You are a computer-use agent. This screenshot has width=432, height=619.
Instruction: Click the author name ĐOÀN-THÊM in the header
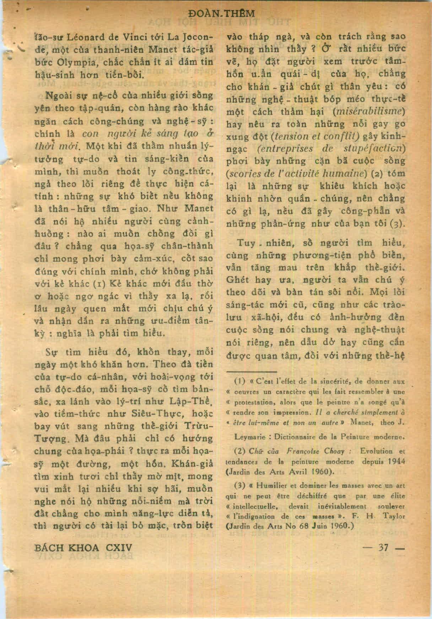pos(222,14)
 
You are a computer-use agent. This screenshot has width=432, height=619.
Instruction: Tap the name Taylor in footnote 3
pos(395,517)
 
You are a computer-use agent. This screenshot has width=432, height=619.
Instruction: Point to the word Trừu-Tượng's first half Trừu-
pos(199,426)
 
